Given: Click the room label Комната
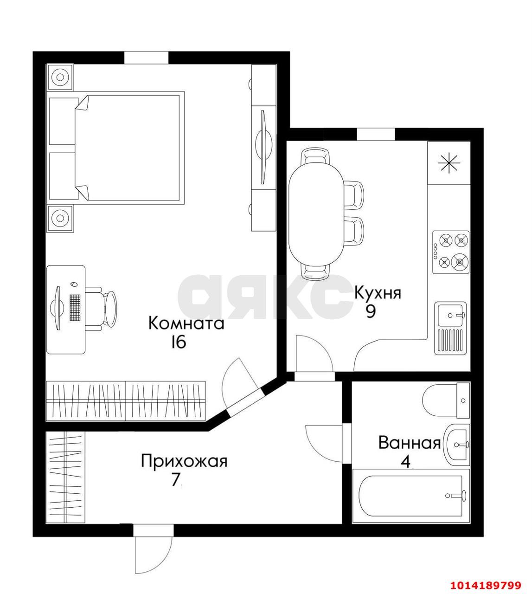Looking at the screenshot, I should pyautogui.click(x=186, y=323).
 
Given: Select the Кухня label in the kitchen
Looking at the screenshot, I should pyautogui.click(x=378, y=293).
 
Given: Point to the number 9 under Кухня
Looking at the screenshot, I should pyautogui.click(x=371, y=311).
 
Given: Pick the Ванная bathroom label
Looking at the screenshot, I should pyautogui.click(x=410, y=443).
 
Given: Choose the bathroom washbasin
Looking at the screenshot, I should pyautogui.click(x=457, y=444).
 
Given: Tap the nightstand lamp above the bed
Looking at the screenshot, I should pyautogui.click(x=60, y=77).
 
